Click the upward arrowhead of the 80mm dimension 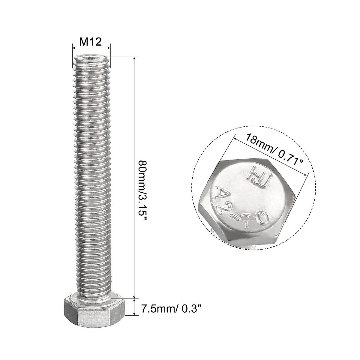point(134,59)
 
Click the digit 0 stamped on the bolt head point(262,218)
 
